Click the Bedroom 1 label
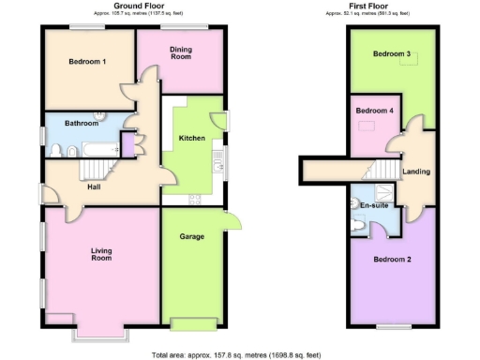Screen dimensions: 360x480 (87, 62)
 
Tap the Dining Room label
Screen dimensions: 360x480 (181, 53)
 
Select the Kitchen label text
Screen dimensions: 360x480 (192, 139)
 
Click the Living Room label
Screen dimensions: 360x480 (102, 253)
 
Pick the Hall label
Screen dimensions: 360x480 (95, 187)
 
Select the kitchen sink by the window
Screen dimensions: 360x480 (218, 156)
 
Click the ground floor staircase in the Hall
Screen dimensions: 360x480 (93, 169)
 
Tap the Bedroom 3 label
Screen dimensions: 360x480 (392, 54)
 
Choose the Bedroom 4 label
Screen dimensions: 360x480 (374, 111)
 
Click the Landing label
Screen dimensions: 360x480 (416, 172)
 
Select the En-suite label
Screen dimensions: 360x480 (375, 204)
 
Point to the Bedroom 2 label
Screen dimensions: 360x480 (392, 259)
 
